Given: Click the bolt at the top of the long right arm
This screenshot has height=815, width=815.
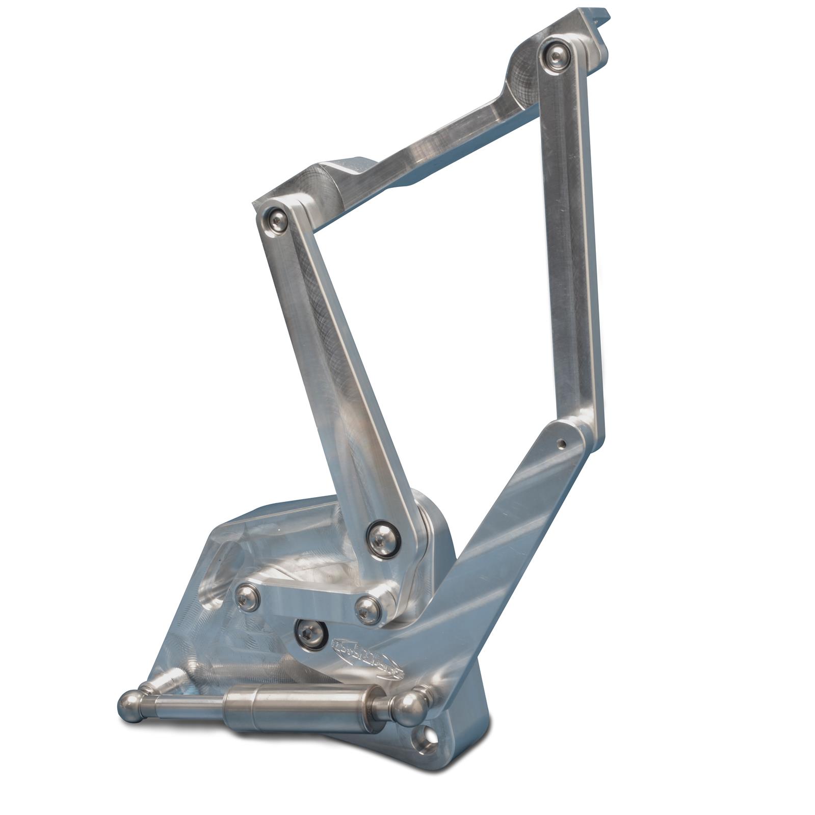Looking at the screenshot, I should pyautogui.click(x=556, y=55).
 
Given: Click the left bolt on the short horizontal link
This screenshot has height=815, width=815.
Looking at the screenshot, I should pyautogui.click(x=248, y=597).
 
